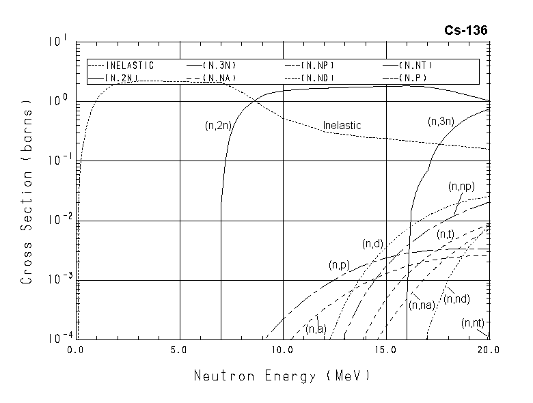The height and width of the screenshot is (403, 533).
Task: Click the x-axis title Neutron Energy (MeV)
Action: point(282,375)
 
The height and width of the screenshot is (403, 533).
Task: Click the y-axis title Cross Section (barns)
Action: point(27,192)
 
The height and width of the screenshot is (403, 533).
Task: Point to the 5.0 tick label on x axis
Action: point(179,350)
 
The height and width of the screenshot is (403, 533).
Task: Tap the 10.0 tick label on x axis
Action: point(282,350)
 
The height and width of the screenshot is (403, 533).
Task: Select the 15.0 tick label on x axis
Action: point(385,350)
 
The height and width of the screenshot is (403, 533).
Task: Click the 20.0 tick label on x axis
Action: point(489,350)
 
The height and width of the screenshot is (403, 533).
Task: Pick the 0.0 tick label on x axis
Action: point(76,350)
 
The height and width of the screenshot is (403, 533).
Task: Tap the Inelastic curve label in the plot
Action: point(342,126)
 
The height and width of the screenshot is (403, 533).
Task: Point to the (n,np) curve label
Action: point(461,186)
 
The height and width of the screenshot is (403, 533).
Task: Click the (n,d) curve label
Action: point(372,244)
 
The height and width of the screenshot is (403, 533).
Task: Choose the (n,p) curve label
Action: point(339,264)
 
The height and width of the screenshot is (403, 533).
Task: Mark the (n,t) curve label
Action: point(446,234)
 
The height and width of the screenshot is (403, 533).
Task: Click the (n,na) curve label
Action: point(422,305)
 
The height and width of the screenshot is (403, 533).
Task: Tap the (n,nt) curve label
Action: point(472,322)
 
